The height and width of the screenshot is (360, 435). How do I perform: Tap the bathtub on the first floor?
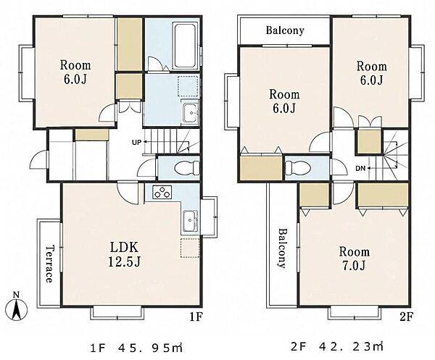click(185, 46)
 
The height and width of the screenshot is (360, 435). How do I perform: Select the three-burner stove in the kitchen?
click(162, 192)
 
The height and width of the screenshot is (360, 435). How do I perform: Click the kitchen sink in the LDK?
click(190, 222)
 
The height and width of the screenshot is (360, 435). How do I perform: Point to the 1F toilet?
click(186, 168)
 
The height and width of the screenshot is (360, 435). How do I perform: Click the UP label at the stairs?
click(136, 143)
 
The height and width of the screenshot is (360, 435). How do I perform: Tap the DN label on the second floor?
click(360, 168)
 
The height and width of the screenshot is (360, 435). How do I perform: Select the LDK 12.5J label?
click(124, 254)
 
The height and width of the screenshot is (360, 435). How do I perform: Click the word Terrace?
click(49, 264)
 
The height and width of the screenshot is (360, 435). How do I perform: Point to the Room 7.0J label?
click(355, 259)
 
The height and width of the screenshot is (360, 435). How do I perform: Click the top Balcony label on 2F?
click(285, 30)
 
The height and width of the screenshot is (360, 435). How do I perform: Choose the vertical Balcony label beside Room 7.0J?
click(282, 248)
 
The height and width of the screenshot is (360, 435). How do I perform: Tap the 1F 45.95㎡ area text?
click(136, 348)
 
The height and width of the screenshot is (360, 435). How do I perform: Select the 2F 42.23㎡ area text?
click(337, 346)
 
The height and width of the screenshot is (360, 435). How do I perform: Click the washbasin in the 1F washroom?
click(190, 112)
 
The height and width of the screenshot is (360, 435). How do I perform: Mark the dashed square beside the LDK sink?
click(190, 248)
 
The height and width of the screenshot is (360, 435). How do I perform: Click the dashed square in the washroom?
click(188, 86)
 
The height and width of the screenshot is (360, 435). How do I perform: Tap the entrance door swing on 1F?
click(39, 159)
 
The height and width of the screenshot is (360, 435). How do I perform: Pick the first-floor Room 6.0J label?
click(75, 72)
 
